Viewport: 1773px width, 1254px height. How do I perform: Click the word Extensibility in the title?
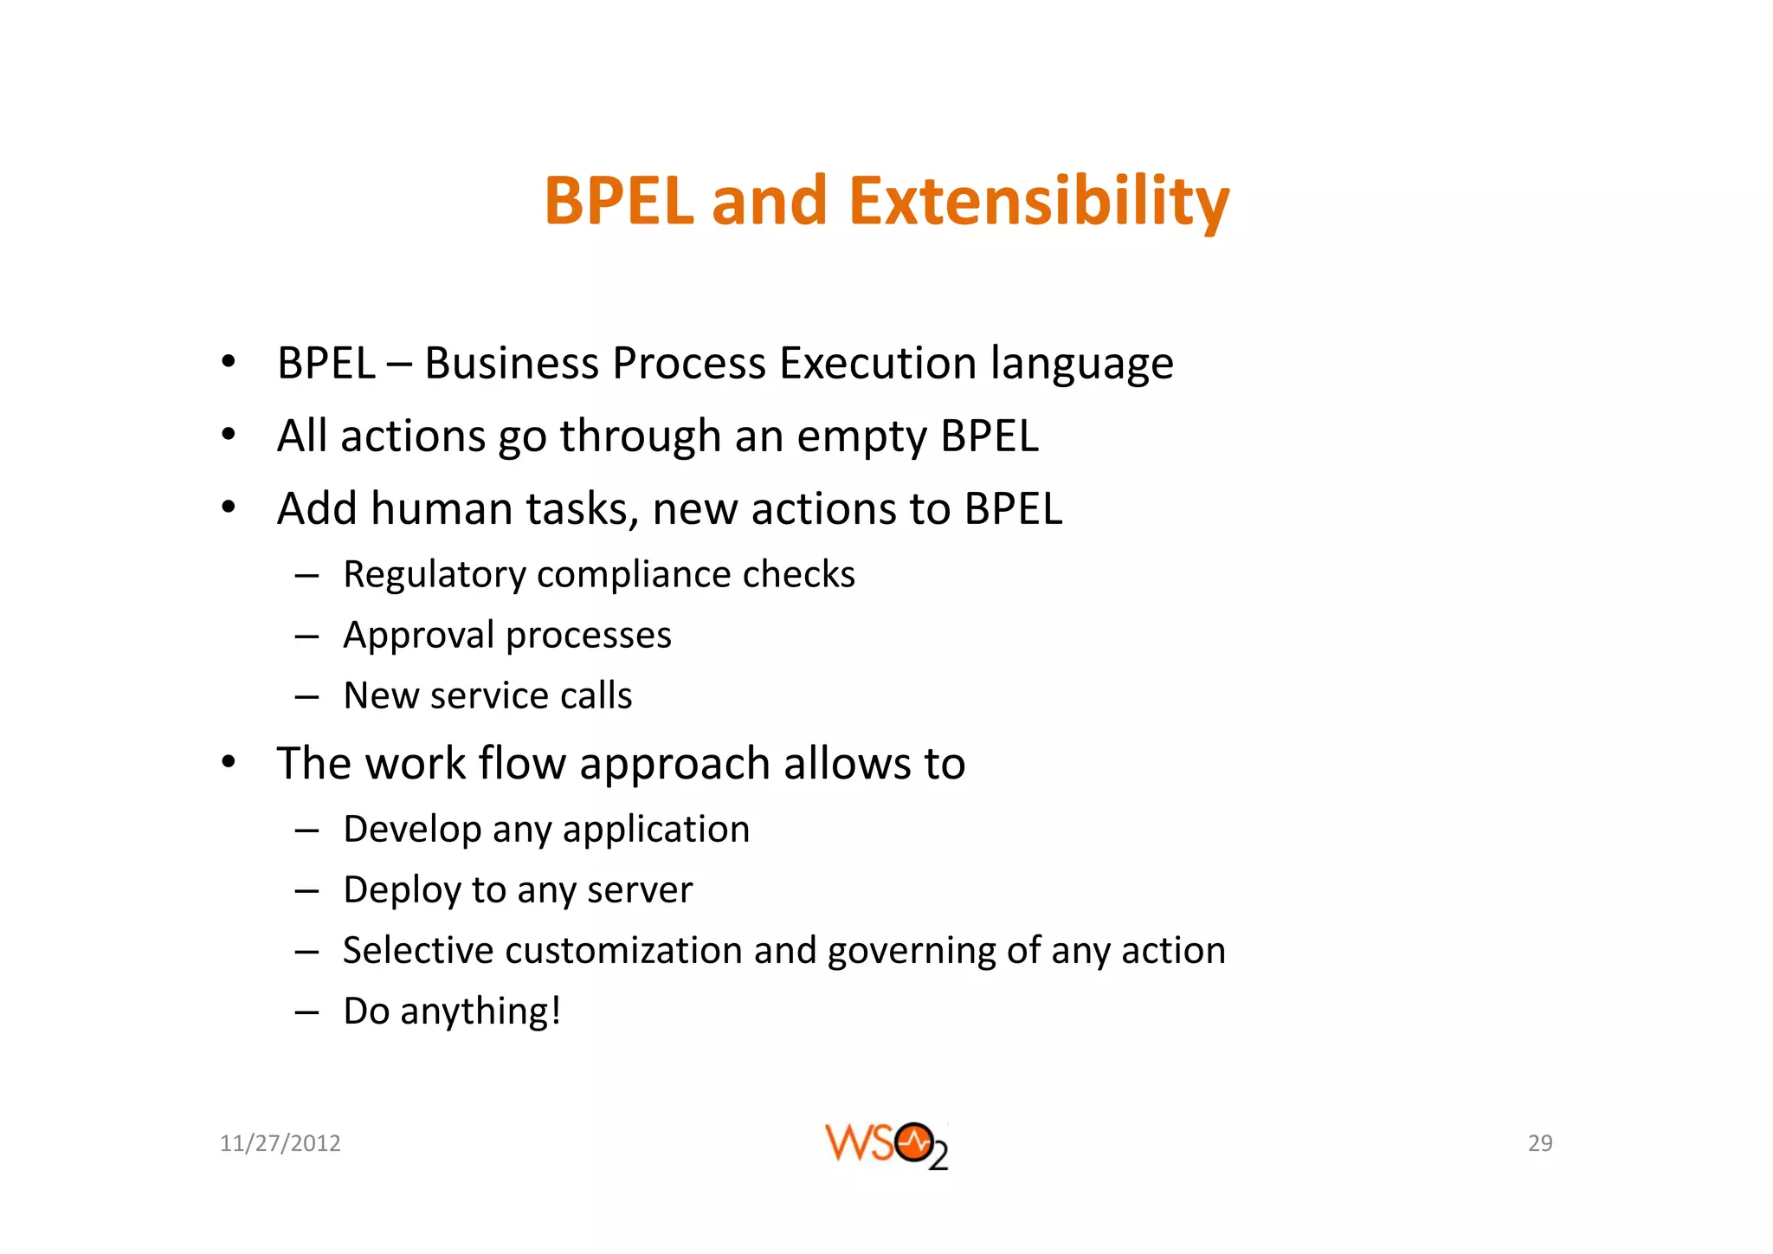pos(1038,201)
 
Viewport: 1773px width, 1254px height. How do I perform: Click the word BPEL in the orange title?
pos(619,201)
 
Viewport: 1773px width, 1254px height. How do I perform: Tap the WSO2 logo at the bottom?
pos(886,1145)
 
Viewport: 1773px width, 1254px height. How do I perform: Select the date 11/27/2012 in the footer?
pos(280,1143)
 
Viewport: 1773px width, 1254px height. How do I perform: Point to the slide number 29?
pos(1540,1143)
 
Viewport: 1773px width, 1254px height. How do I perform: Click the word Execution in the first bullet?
pos(878,363)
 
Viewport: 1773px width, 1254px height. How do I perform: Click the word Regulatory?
pos(434,575)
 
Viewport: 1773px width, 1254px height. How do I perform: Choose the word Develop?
pos(412,830)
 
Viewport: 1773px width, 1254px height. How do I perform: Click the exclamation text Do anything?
pos(452,1012)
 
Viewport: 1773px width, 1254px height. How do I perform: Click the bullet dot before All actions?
pos(228,435)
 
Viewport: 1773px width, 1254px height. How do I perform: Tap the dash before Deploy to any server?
pos(306,890)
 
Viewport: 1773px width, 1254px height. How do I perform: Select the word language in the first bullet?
pos(1081,365)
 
